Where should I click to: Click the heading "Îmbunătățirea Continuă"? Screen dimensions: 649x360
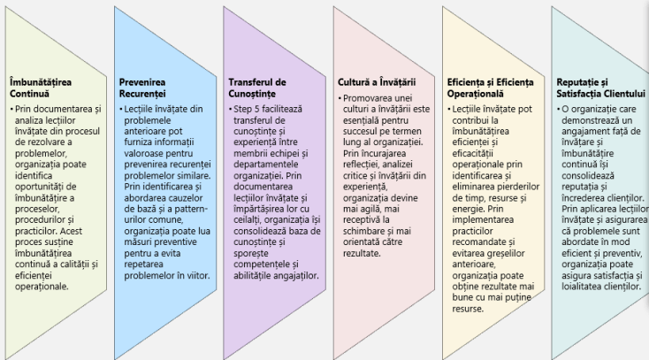coord(41,88)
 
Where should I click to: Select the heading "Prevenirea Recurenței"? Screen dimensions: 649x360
coord(142,88)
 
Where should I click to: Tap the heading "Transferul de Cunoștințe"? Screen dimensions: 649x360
coord(257,88)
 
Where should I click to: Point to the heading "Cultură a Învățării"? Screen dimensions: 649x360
coord(377,82)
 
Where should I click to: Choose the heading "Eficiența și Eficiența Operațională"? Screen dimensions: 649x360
coord(491,88)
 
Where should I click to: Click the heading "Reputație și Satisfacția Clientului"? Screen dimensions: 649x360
coord(601,88)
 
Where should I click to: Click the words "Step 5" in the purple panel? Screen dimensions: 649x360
coord(247,110)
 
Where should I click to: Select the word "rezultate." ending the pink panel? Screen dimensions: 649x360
coord(362,253)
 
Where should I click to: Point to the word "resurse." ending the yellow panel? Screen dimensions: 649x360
coord(468,309)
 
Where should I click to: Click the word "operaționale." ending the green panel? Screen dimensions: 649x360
coord(42,287)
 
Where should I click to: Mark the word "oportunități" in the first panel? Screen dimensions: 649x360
coord(40,187)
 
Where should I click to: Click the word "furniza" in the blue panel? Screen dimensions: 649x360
coord(138,142)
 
